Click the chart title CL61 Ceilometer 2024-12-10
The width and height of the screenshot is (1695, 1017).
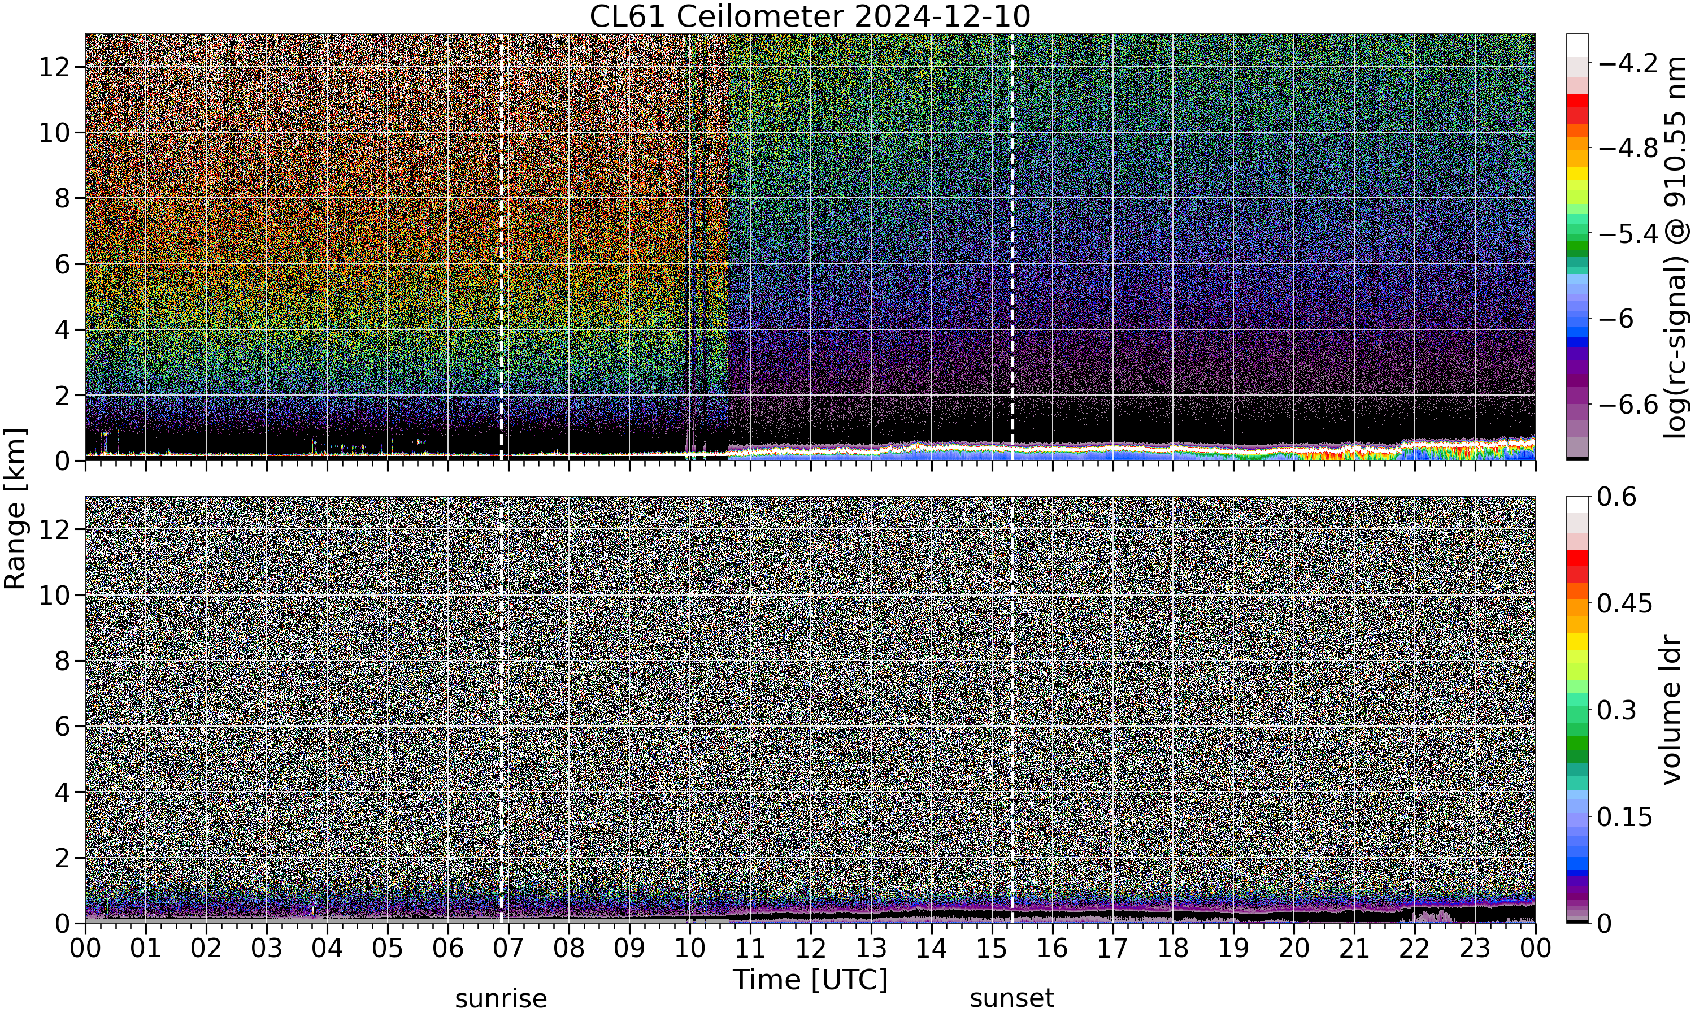pos(810,16)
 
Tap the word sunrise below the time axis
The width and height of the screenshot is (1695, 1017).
pos(501,998)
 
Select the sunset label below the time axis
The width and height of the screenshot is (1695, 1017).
pos(1012,998)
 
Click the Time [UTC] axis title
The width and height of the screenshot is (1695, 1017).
pos(810,979)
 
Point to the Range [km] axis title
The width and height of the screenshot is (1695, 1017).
pos(15,508)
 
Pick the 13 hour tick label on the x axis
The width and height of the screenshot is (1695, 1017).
pos(871,949)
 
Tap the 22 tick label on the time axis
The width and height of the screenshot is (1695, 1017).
pos(1415,949)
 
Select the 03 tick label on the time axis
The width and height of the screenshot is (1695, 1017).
pos(267,949)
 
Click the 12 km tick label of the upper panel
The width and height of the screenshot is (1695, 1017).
pos(54,67)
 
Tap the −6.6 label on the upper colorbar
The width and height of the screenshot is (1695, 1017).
pos(1627,405)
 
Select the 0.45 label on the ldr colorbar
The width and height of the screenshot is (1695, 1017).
pos(1624,604)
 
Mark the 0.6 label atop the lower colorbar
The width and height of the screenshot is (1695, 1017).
pos(1616,497)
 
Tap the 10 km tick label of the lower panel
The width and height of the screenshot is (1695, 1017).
pos(54,596)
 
